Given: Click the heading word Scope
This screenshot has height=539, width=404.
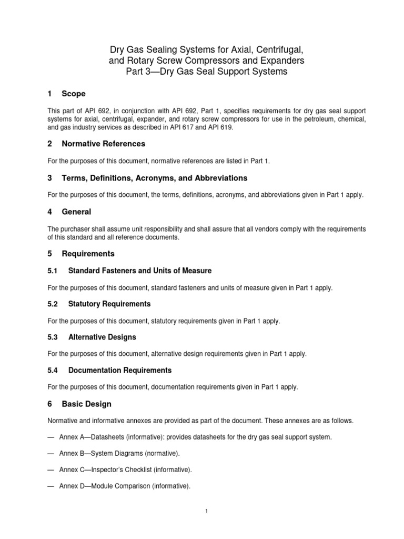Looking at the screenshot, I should pyautogui.click(x=73, y=94).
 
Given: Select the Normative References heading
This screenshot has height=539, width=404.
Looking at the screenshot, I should pyautogui.click(x=103, y=144).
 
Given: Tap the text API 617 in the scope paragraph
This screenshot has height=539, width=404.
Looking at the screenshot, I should pyautogui.click(x=187, y=127).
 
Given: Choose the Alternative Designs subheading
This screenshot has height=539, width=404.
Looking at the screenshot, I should pyautogui.click(x=103, y=337).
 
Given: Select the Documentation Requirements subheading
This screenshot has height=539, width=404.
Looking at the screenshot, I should pyautogui.click(x=116, y=370).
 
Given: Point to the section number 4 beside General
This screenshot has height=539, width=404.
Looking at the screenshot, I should pyautogui.click(x=49, y=212).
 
